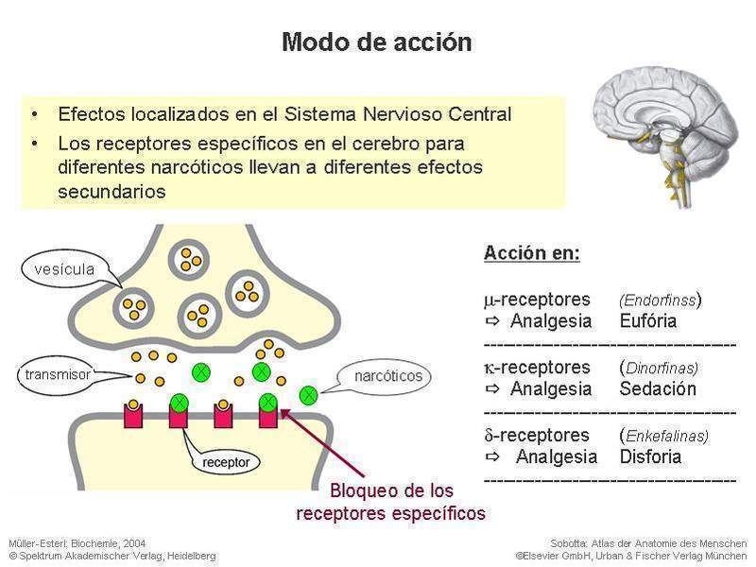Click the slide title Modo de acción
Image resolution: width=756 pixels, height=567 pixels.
[x=377, y=43]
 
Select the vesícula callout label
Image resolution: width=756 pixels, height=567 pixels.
[x=64, y=269]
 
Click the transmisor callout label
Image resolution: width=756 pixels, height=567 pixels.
[x=58, y=375]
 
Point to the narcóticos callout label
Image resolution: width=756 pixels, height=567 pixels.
[x=388, y=376]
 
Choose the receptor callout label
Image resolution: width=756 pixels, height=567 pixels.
[x=225, y=463]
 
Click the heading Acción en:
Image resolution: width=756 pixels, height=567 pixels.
[x=531, y=253]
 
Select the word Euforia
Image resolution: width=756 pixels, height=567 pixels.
[x=648, y=320]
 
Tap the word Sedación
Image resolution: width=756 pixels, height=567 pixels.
[x=658, y=388]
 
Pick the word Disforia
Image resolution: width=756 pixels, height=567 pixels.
[x=650, y=457]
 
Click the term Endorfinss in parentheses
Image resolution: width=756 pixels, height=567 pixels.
[x=659, y=300]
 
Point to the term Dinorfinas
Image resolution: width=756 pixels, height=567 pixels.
[x=661, y=368]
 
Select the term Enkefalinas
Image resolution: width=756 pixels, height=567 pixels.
[x=666, y=436]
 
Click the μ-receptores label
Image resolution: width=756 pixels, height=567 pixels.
[x=537, y=299]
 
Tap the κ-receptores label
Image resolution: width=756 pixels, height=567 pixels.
[x=537, y=367]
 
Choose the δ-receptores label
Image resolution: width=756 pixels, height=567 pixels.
[x=537, y=435]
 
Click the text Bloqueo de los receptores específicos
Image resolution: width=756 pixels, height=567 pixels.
[x=390, y=503]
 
